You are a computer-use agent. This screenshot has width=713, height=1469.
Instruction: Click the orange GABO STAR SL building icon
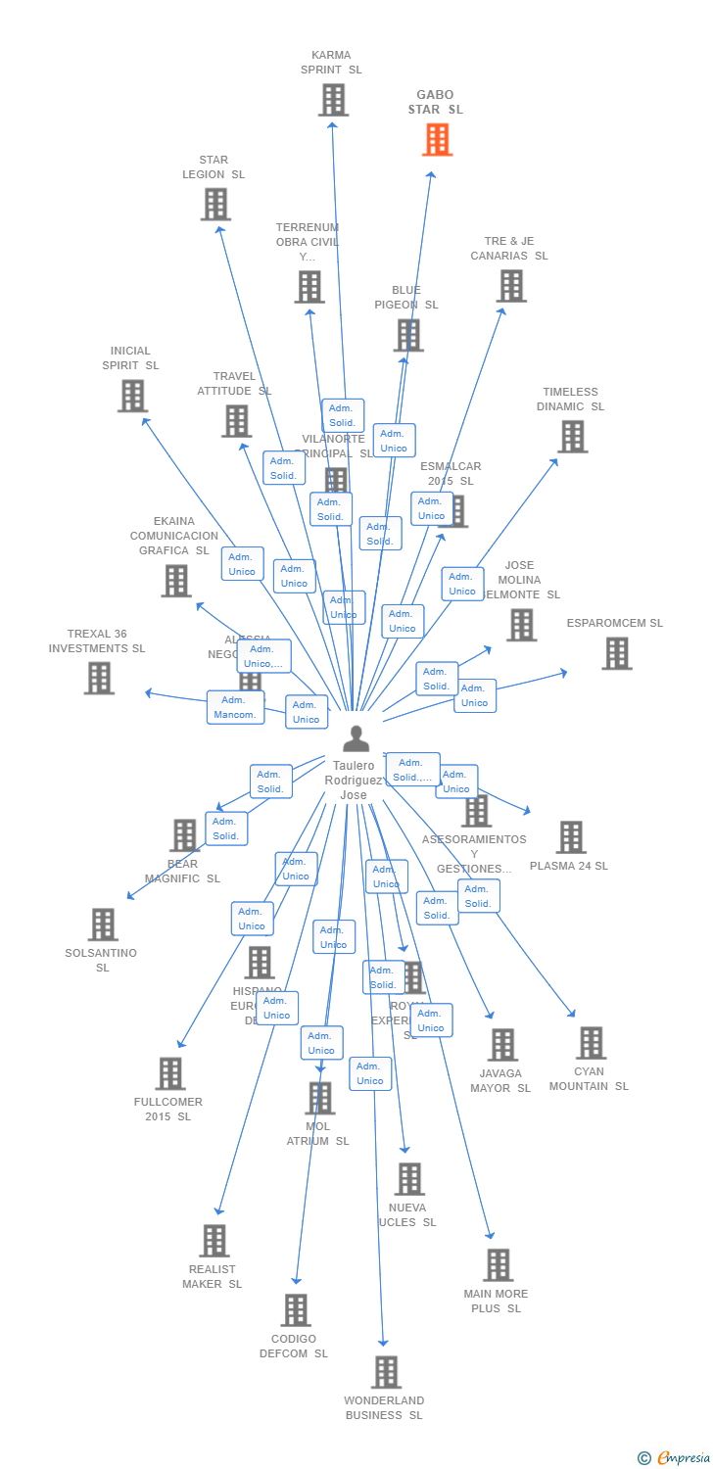[x=437, y=139]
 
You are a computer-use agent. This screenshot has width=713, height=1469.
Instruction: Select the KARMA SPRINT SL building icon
[x=333, y=100]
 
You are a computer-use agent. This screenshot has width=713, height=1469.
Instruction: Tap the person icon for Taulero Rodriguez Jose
[x=356, y=738]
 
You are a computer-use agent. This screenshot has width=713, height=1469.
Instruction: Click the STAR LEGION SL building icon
[x=215, y=204]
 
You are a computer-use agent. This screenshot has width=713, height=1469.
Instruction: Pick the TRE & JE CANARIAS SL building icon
[x=511, y=286]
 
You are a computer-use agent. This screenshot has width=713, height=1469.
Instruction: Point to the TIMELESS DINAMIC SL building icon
[x=572, y=436]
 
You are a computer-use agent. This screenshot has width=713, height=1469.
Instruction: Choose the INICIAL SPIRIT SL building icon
[x=132, y=396]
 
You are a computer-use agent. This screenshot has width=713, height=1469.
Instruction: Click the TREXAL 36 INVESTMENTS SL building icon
[x=99, y=678]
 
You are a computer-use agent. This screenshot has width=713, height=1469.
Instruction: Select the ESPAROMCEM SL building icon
[x=616, y=653]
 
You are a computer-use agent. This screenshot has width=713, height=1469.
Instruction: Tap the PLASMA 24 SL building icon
[x=571, y=837]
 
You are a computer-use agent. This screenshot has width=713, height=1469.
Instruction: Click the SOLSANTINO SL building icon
[x=103, y=924]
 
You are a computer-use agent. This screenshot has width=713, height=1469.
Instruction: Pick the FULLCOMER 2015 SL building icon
[x=170, y=1073]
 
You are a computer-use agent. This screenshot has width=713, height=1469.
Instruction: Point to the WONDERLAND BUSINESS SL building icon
[x=386, y=1372]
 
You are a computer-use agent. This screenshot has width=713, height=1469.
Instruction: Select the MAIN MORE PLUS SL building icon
[x=498, y=1264]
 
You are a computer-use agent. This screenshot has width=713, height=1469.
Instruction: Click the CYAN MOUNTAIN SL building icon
[x=591, y=1043]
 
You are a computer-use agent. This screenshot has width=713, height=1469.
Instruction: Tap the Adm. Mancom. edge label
[x=235, y=707]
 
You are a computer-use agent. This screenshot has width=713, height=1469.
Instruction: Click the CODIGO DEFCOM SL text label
[x=294, y=1346]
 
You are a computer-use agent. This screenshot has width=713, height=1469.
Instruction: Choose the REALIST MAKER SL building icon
[x=214, y=1241]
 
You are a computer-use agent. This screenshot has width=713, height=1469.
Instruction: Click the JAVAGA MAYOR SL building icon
[x=502, y=1045]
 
